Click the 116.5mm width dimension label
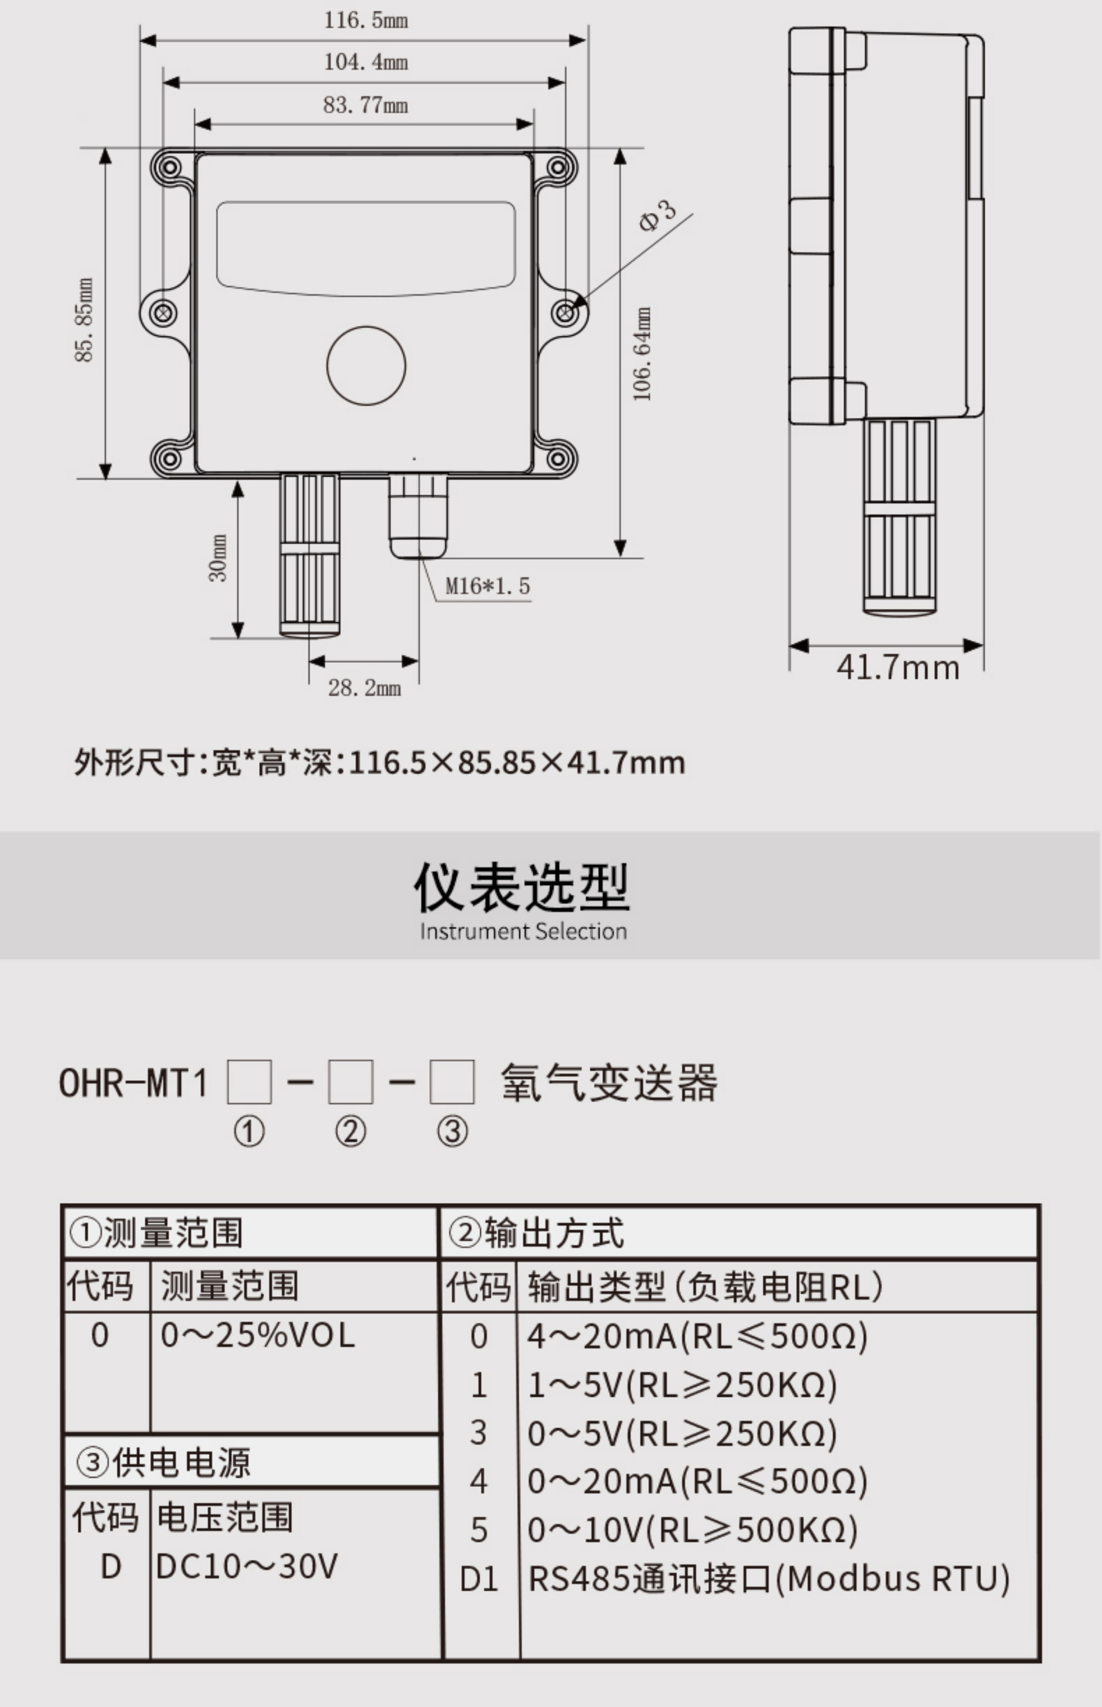click(x=366, y=20)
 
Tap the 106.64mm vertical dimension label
click(x=643, y=354)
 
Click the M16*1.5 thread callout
click(x=487, y=586)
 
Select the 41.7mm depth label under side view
click(x=897, y=668)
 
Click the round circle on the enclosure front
click(x=366, y=365)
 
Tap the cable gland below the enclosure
click(x=418, y=514)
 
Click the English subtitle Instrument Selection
click(x=523, y=931)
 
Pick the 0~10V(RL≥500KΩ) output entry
click(x=692, y=1530)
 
